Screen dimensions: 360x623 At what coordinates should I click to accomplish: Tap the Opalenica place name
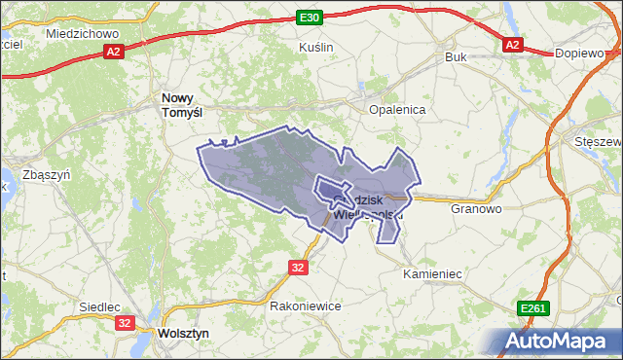[x=397, y=110]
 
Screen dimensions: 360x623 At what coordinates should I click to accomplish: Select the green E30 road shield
[x=310, y=18]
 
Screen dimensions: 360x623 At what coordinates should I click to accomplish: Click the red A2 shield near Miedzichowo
[x=114, y=52]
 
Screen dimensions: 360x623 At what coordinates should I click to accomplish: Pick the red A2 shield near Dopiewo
[x=513, y=45]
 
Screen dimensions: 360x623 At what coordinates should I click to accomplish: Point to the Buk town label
[x=456, y=57]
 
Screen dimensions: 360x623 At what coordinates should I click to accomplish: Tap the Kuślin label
[x=316, y=47]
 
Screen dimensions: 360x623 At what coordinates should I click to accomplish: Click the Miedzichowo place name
[x=82, y=33]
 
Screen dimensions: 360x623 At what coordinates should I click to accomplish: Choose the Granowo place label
[x=476, y=208]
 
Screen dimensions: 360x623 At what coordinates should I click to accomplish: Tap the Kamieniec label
[x=431, y=274]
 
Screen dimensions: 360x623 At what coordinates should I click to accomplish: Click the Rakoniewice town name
[x=305, y=305]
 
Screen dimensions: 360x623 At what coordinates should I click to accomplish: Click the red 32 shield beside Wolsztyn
[x=125, y=322]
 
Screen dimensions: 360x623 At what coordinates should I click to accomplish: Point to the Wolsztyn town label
[x=182, y=333]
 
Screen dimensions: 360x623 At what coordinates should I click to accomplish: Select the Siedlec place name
[x=99, y=306]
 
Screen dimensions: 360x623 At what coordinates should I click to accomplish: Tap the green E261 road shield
[x=533, y=308]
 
